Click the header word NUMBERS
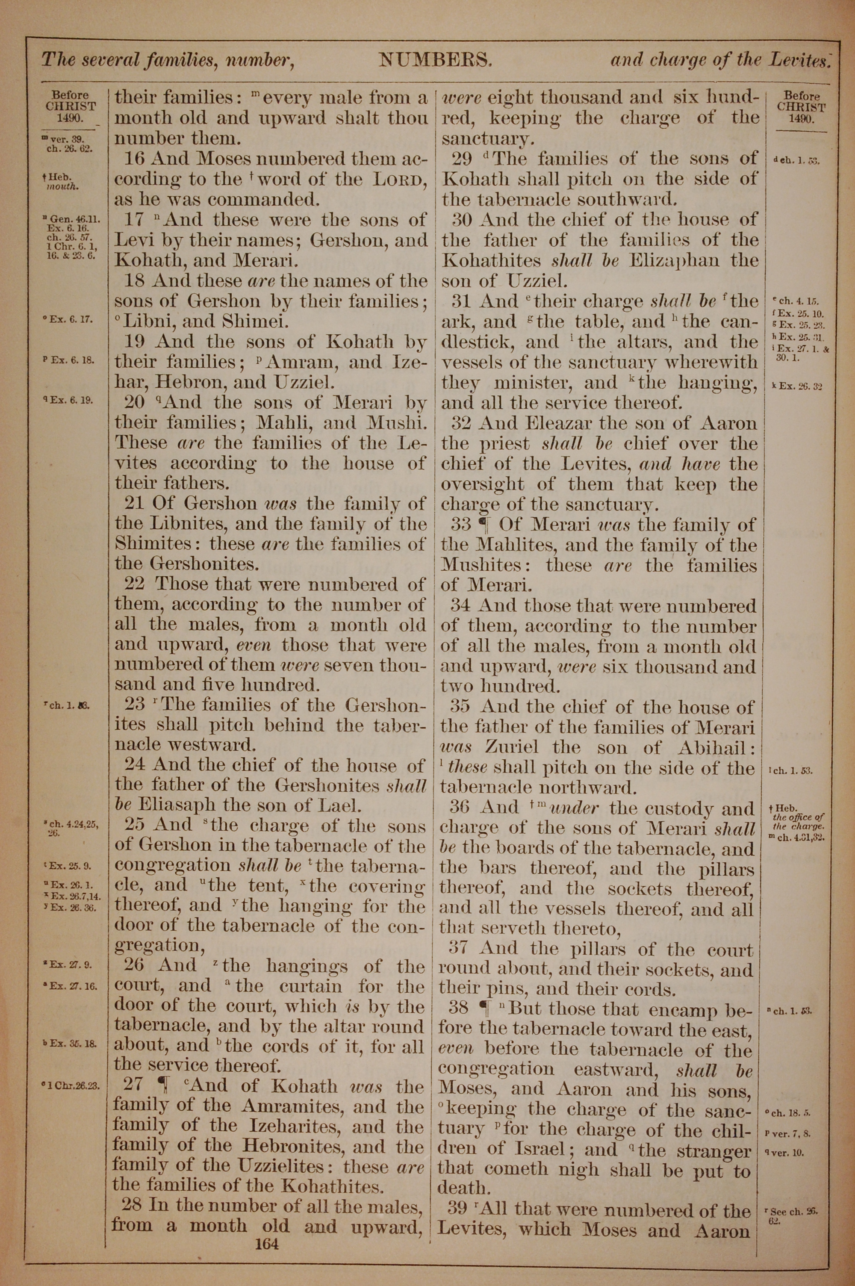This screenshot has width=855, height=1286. point(436,59)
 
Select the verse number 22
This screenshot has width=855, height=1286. point(135,584)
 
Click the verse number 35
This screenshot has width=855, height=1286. point(461,707)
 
